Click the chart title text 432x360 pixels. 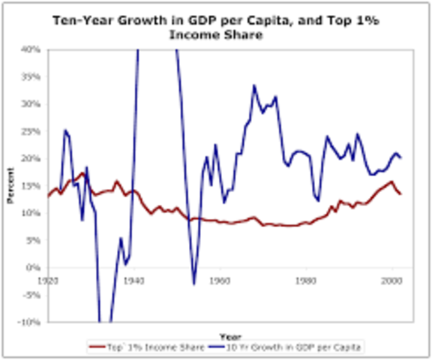click(216, 27)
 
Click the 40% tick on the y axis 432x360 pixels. click(31, 49)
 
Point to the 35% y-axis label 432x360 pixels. click(31, 76)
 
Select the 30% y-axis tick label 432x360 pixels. click(31, 104)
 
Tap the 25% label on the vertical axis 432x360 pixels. click(31, 131)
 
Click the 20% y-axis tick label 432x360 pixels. click(31, 158)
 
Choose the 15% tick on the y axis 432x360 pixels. click(31, 186)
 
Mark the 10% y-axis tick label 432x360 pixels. click(31, 213)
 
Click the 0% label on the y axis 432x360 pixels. click(33, 268)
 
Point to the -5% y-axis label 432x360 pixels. click(31, 295)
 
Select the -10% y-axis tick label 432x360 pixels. click(30, 322)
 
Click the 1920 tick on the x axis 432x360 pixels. click(48, 280)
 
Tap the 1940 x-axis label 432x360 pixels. click(133, 280)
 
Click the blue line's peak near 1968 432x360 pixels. click(254, 85)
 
